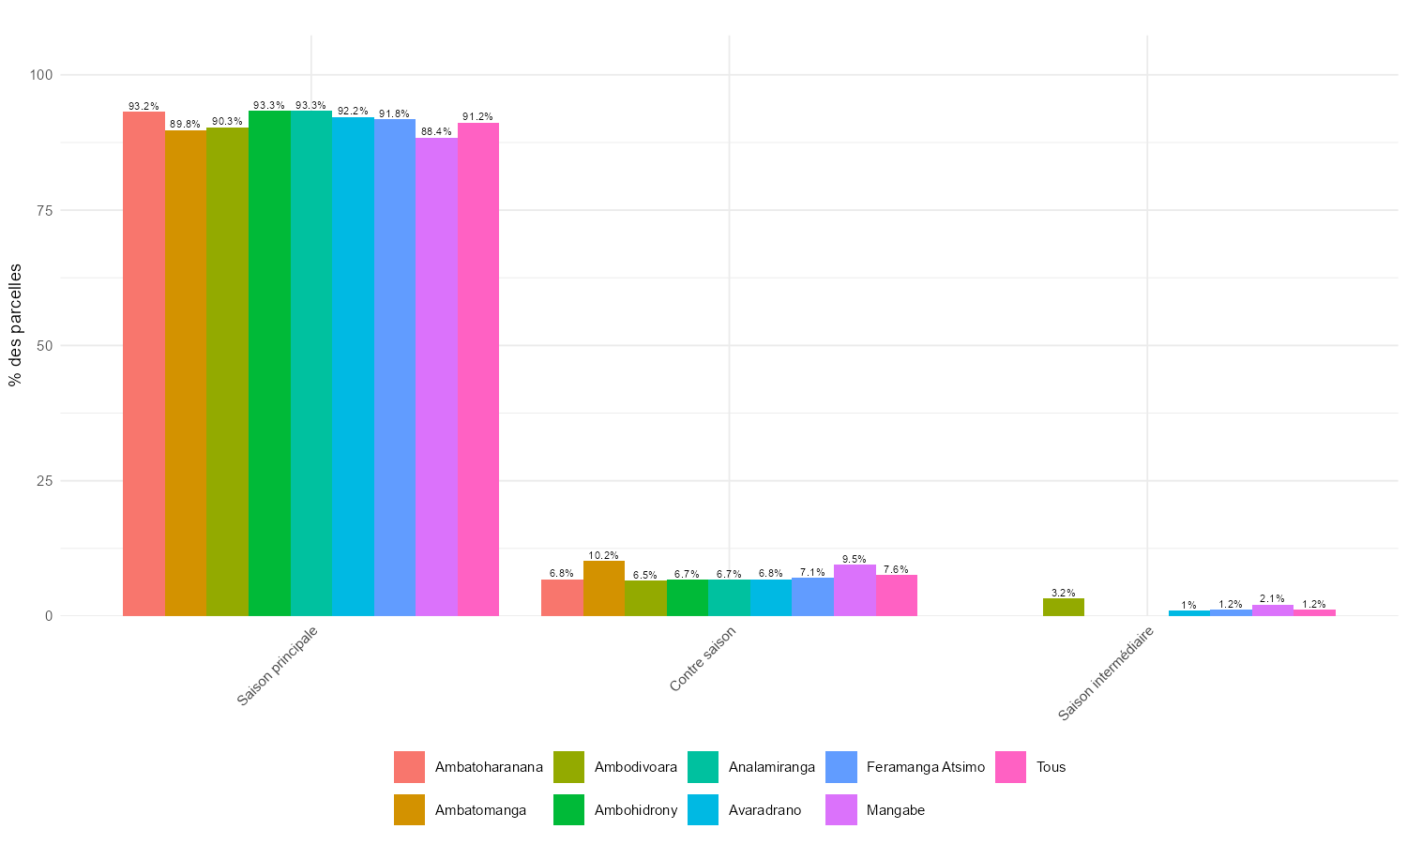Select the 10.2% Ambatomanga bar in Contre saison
click(x=604, y=588)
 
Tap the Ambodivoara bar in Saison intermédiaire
click(x=1064, y=607)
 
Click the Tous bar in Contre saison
click(x=897, y=595)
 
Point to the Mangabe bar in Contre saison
click(x=855, y=590)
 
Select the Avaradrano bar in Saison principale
click(x=353, y=367)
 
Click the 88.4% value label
click(x=436, y=132)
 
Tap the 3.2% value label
click(x=1064, y=593)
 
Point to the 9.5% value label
click(x=855, y=559)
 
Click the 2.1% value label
click(x=1273, y=598)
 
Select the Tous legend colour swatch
click(x=1010, y=767)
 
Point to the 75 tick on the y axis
click(x=44, y=210)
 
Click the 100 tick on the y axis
click(x=40, y=75)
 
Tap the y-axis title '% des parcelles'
click(x=15, y=324)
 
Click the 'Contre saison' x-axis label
click(x=703, y=659)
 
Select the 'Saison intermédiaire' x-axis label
click(x=1105, y=674)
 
